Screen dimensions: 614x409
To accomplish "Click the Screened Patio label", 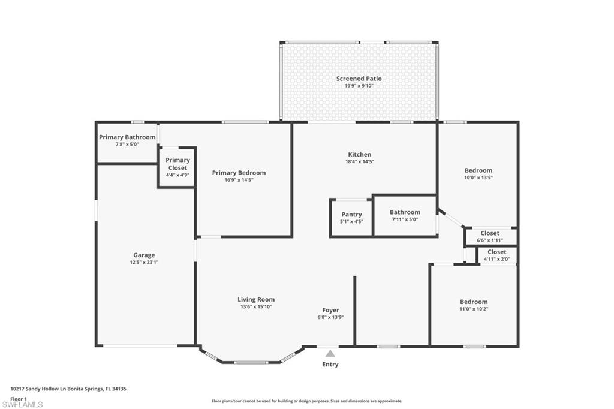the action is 359,79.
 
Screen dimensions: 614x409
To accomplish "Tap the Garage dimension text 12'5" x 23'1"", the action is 144,263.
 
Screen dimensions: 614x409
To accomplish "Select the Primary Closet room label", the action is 177,164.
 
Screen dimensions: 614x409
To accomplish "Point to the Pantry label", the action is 351,215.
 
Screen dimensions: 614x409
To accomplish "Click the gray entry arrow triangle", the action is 330,354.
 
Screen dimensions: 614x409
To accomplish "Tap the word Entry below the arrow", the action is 330,365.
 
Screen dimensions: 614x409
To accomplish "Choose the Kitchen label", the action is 360,154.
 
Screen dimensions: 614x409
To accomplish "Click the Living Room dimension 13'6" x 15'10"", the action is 256,307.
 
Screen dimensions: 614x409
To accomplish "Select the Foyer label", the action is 330,310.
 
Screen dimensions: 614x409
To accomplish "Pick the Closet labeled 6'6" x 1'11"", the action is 490,233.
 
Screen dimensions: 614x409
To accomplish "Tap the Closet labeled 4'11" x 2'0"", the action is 497,252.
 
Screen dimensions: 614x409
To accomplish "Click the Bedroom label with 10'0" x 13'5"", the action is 478,170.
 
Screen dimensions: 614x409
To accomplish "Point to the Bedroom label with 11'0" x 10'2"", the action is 474,302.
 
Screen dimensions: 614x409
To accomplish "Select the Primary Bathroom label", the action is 127,137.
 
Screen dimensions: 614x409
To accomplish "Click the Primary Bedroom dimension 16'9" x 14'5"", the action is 239,180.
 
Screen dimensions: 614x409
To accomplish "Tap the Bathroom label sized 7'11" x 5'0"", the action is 405,212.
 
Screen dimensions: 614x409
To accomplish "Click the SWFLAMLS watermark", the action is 22,404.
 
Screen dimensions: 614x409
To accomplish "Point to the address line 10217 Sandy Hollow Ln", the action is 68,389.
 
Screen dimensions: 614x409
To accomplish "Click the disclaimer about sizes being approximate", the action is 307,401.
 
